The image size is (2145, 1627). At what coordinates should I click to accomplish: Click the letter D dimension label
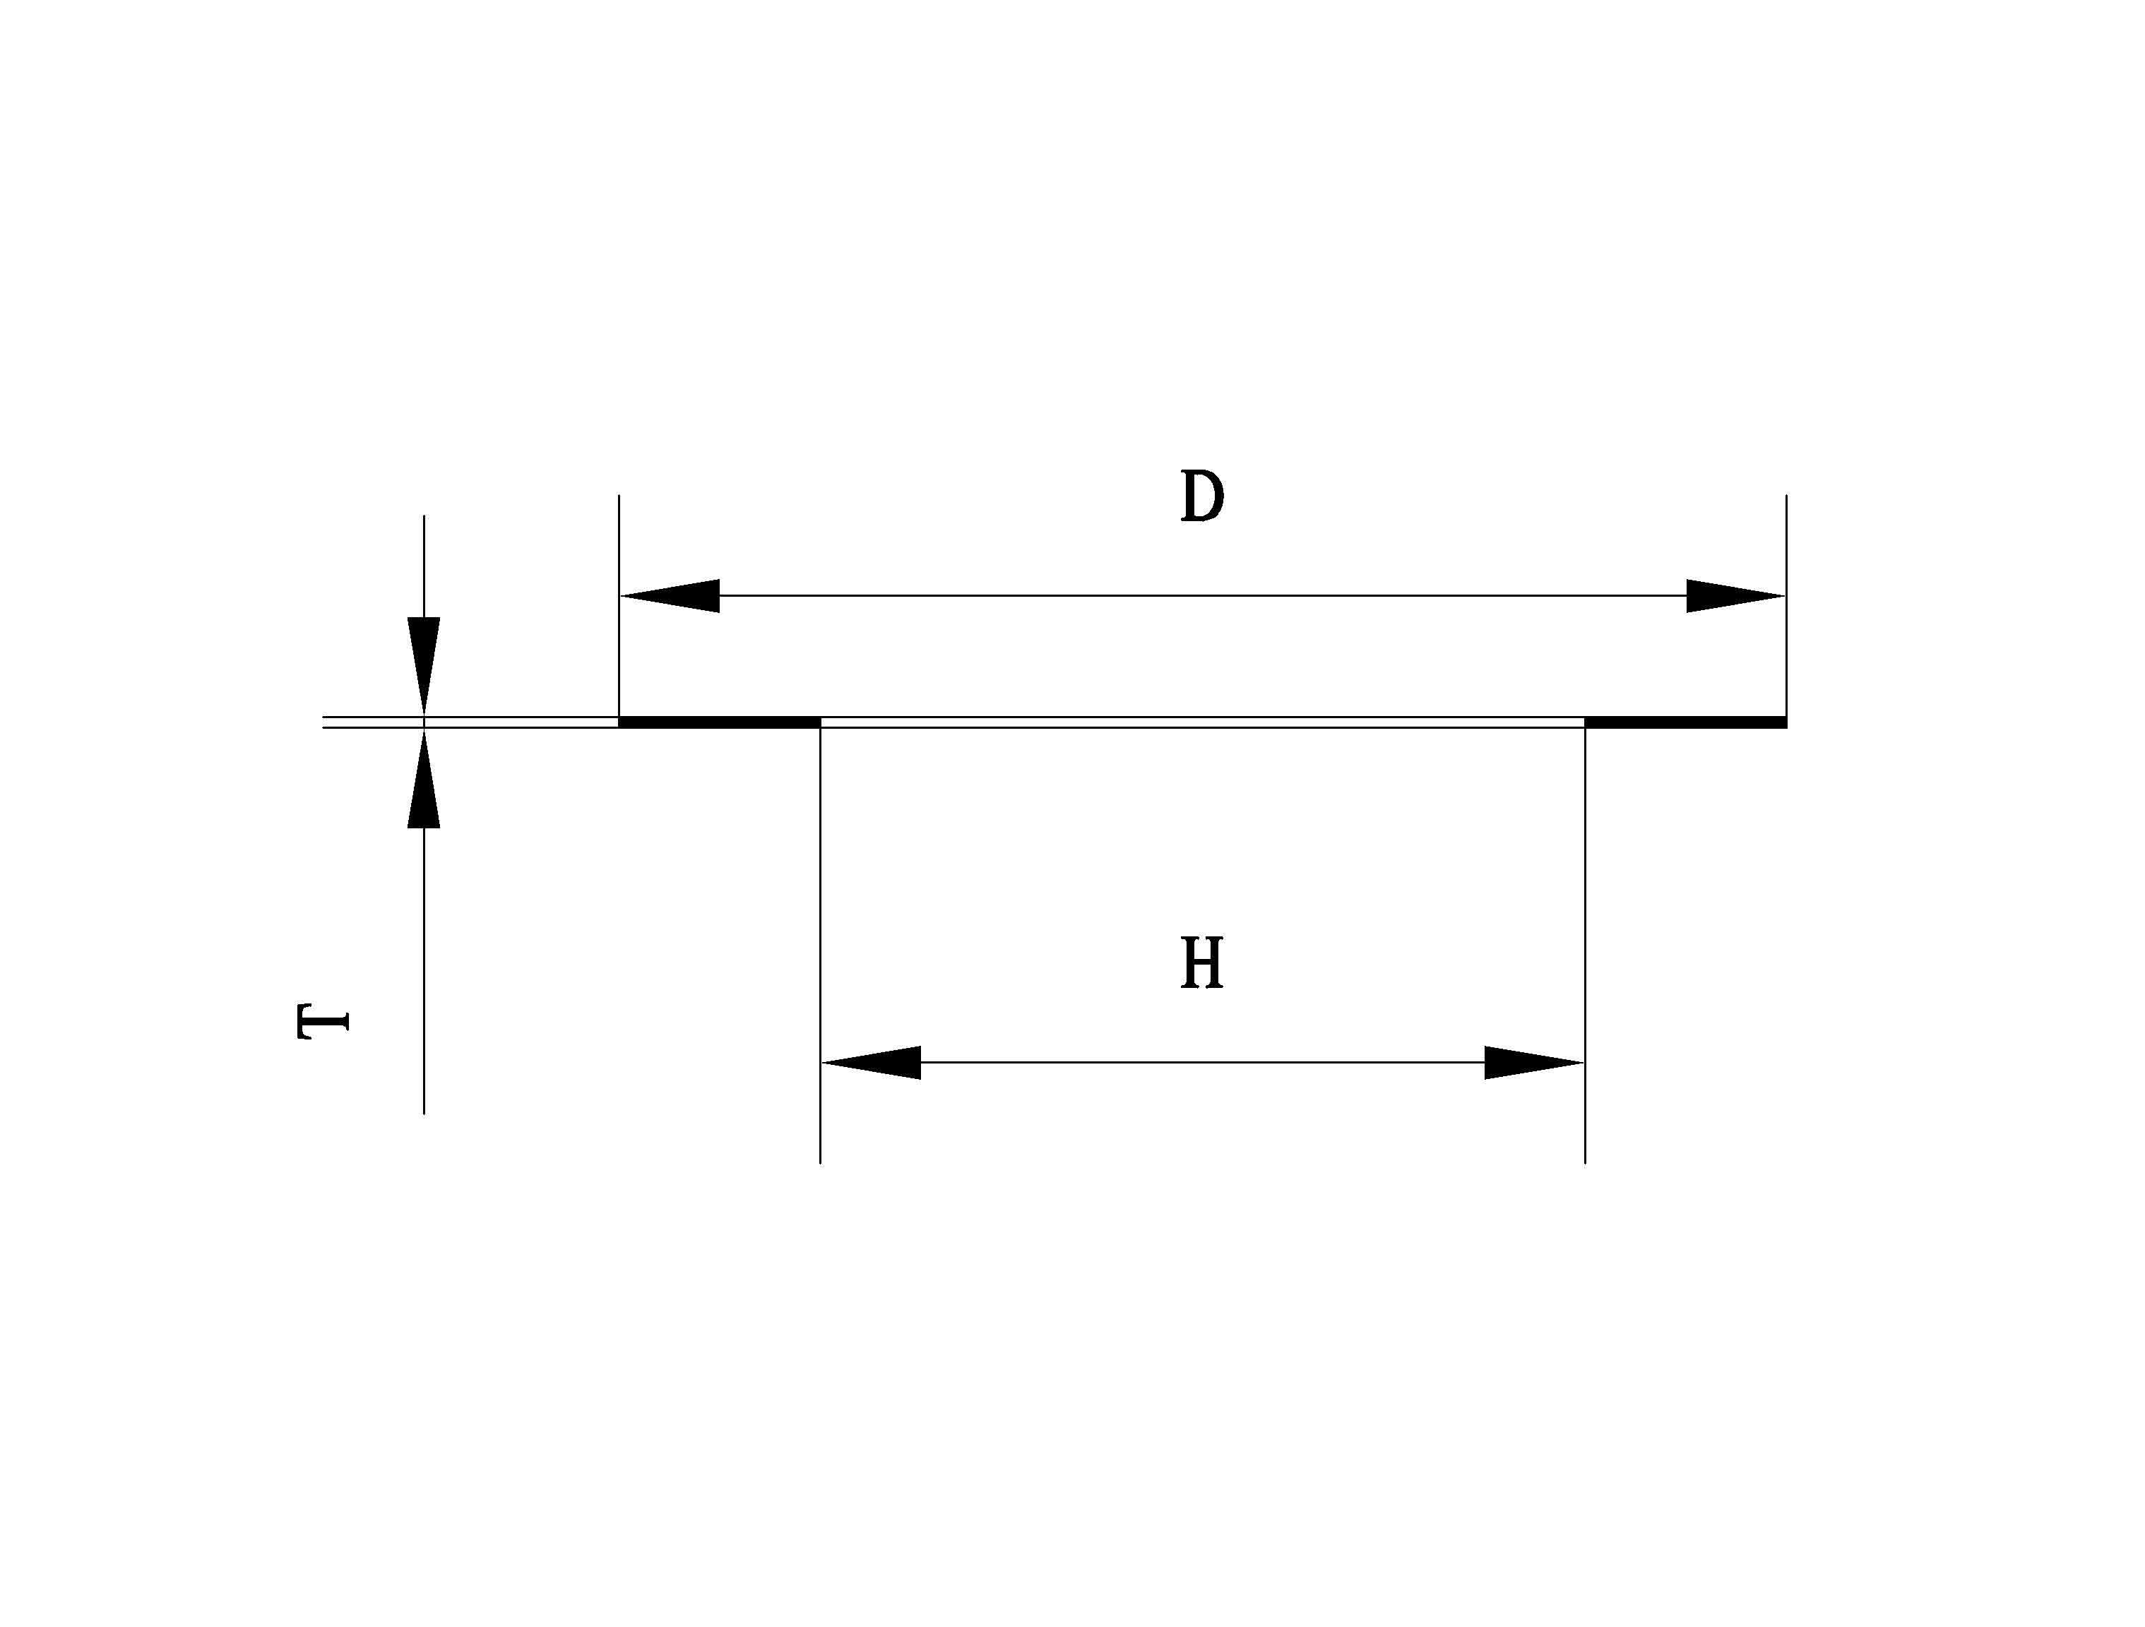pos(1201,496)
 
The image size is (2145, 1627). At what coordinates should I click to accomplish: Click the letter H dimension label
pos(1201,965)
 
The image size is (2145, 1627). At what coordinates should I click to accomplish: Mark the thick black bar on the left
pos(720,722)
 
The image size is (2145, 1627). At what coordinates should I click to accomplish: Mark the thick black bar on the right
pos(1685,722)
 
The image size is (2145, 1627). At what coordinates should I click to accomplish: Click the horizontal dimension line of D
pos(1202,595)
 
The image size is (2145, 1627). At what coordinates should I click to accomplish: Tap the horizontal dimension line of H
pos(1202,1063)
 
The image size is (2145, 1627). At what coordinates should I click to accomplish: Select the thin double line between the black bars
pos(1202,722)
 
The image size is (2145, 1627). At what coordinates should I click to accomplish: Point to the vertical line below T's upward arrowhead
pos(424,970)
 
